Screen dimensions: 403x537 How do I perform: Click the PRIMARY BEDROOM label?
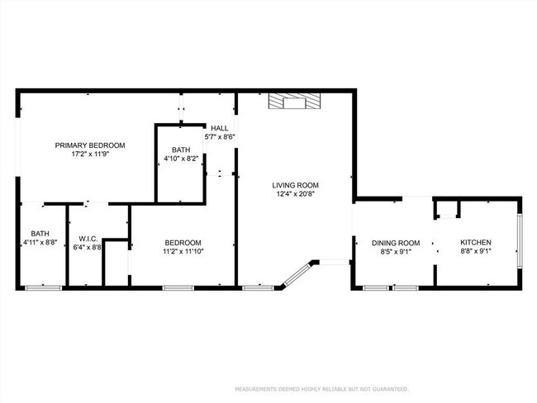[x=84, y=145]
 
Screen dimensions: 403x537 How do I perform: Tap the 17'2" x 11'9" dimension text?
[x=84, y=154]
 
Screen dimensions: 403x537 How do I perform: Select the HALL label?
[x=219, y=128]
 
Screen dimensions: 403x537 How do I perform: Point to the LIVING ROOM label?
[x=296, y=185]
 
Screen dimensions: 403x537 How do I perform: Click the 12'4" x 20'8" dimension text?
[x=296, y=195]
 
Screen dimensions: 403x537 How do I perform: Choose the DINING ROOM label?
[x=395, y=243]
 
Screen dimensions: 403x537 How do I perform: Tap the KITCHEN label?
[x=475, y=243]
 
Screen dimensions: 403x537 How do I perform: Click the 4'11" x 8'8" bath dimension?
[x=40, y=243]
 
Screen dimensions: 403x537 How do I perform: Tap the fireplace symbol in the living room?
[x=293, y=102]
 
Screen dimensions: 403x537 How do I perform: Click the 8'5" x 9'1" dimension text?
[x=395, y=252]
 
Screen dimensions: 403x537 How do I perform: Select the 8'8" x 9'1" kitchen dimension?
[x=475, y=252]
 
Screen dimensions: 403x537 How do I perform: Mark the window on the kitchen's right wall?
[x=519, y=241]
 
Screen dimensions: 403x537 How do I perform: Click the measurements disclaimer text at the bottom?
[x=321, y=389]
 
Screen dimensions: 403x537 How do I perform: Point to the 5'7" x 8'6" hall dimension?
[x=220, y=137]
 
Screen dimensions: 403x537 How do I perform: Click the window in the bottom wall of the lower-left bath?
[x=43, y=287]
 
